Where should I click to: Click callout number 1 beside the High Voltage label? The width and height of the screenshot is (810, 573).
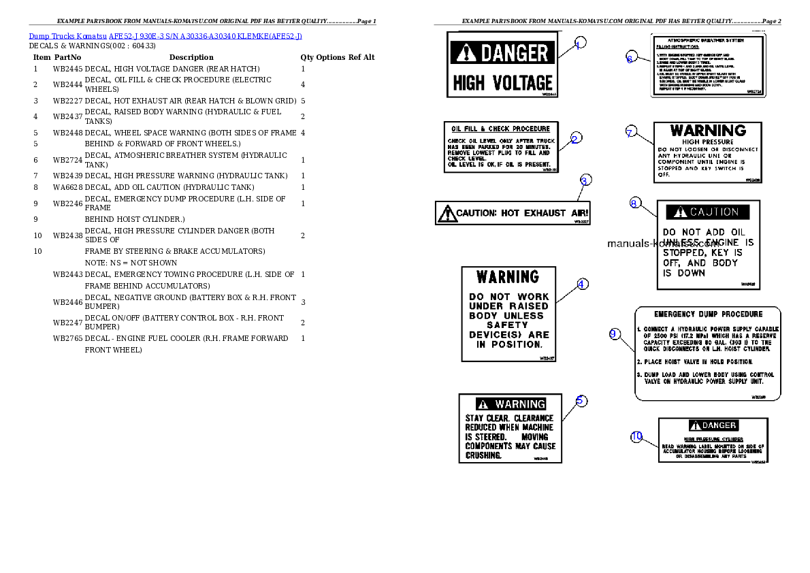coord(578,45)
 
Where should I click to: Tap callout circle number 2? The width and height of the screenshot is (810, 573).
coord(575,139)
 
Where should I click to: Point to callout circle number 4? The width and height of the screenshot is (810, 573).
coord(582,284)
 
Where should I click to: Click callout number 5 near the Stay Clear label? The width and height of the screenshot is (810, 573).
coord(581,401)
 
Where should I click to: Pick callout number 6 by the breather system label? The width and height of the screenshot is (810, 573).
coord(630,59)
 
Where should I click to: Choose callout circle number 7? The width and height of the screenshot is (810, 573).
coord(631,132)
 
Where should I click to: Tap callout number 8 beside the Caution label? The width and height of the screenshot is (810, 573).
coord(634,203)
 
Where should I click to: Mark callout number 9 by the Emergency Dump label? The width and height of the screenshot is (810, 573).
coord(614,333)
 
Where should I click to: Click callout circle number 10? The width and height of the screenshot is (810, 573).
coord(636,437)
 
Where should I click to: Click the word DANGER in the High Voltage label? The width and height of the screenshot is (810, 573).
coord(515,53)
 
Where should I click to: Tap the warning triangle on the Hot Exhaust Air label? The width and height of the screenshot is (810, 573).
coord(447,214)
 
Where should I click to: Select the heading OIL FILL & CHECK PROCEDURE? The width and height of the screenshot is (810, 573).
coord(501,129)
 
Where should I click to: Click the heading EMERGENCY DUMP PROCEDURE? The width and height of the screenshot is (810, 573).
coord(708,314)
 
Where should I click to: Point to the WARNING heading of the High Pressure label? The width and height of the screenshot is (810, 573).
coord(707,131)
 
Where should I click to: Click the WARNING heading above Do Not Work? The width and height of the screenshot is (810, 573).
coord(508,277)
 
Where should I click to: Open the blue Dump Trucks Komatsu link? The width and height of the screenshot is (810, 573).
coord(165,36)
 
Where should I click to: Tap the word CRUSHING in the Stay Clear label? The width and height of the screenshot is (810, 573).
coord(483,455)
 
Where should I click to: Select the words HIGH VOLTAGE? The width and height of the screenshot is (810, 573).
coord(502,84)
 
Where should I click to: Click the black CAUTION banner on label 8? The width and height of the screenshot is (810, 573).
coord(708,212)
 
